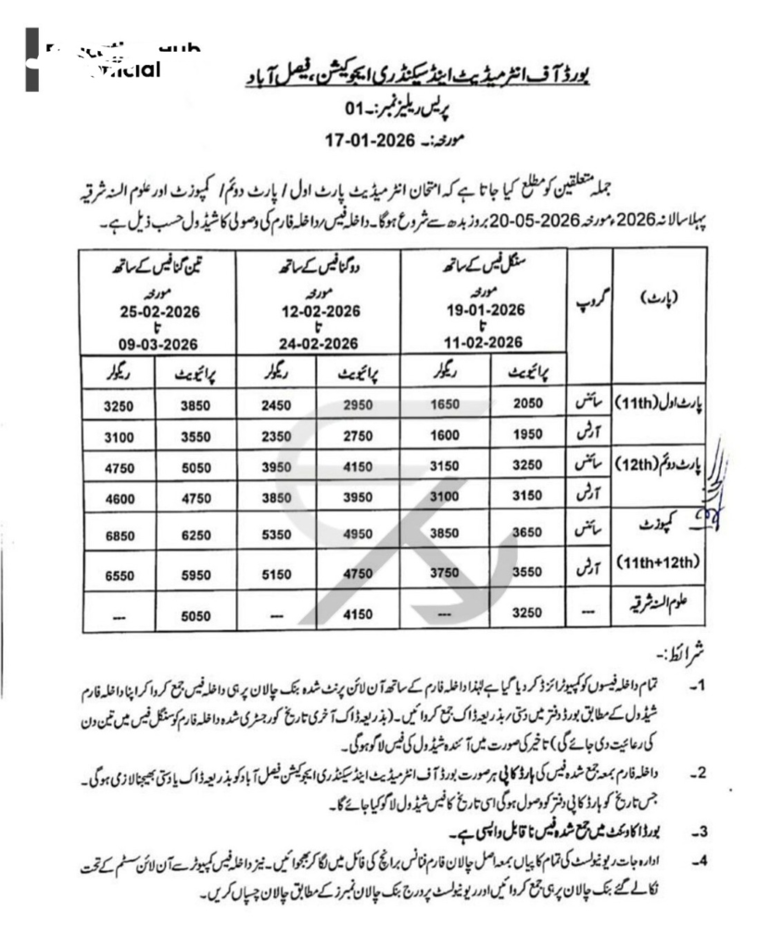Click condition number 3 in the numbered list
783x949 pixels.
701,830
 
